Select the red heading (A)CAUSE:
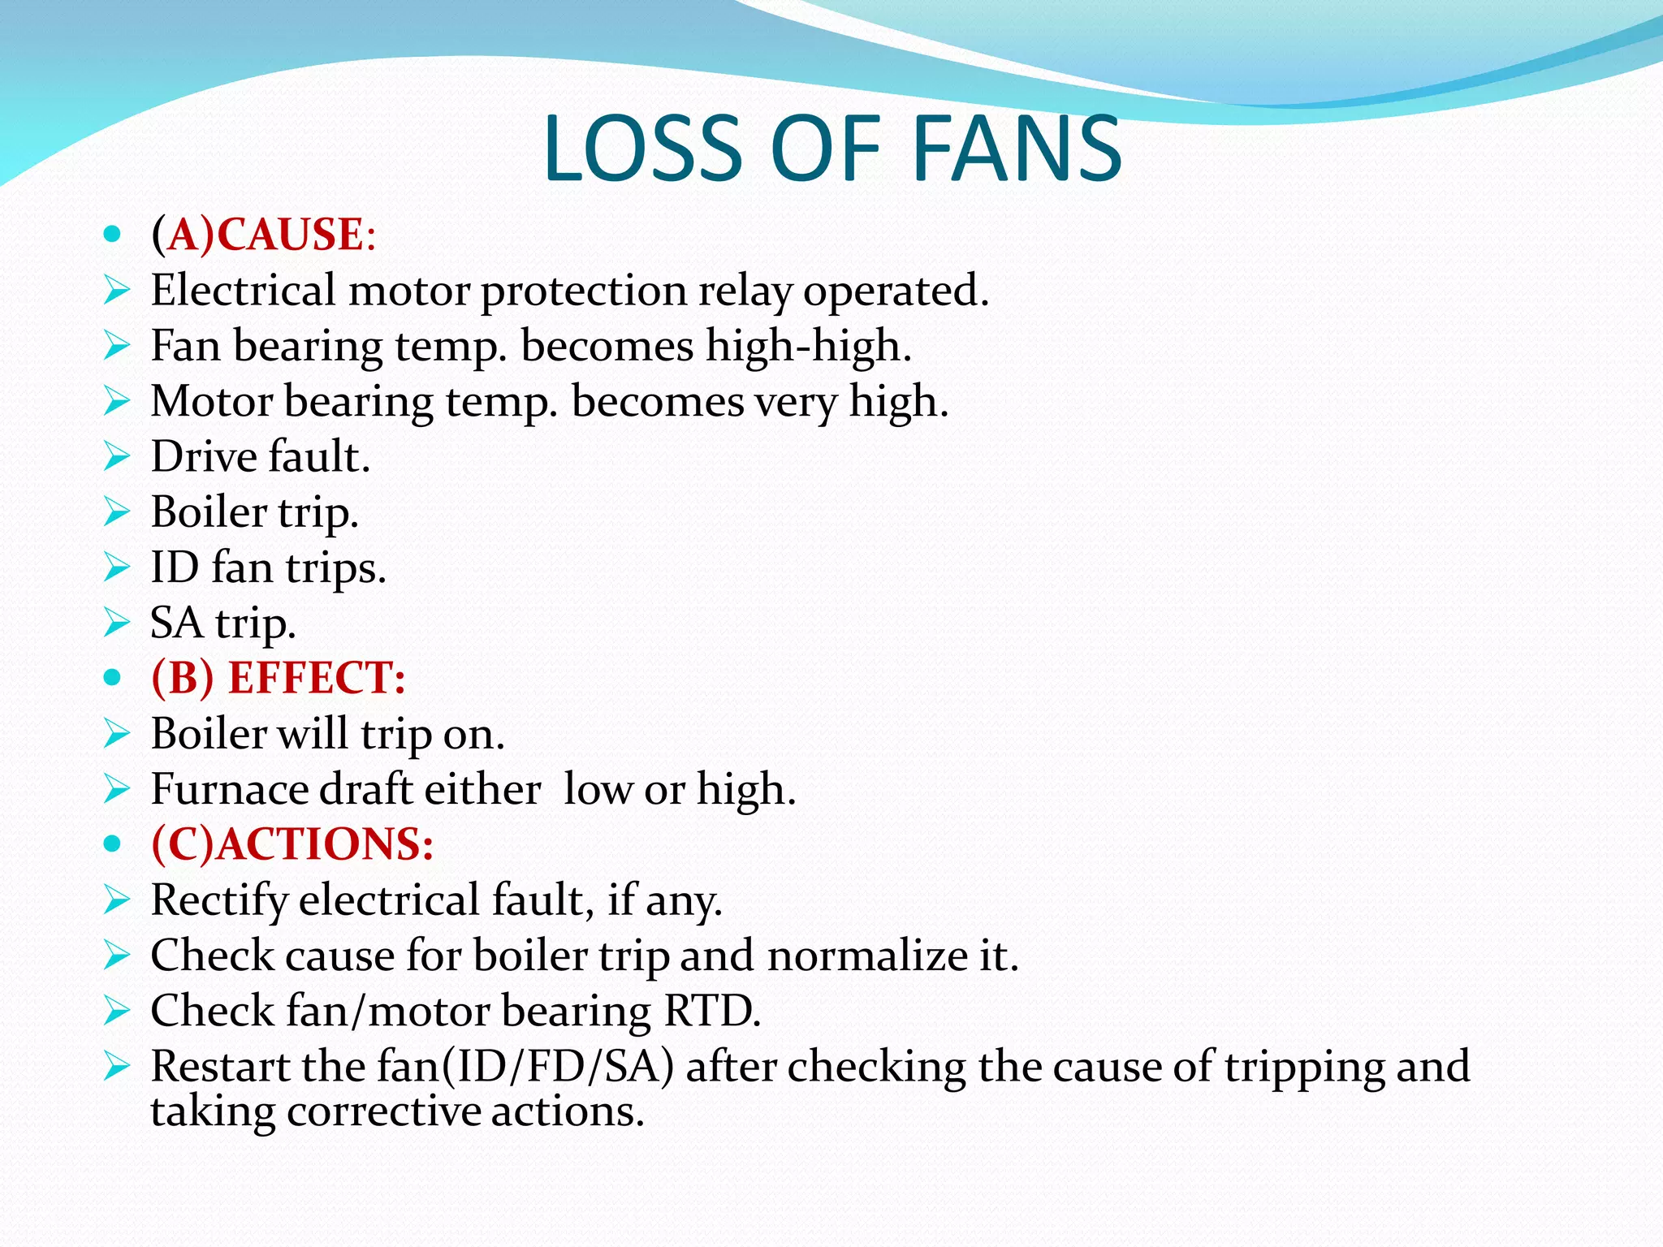263,235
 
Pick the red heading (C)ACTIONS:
292,844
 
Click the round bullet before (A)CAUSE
113,235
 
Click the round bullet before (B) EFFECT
113,678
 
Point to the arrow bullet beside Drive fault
117,456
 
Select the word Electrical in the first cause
243,290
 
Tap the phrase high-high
808,346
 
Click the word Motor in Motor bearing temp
211,401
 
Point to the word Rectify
218,900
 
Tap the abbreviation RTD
711,1011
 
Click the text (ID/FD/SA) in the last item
557,1066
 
